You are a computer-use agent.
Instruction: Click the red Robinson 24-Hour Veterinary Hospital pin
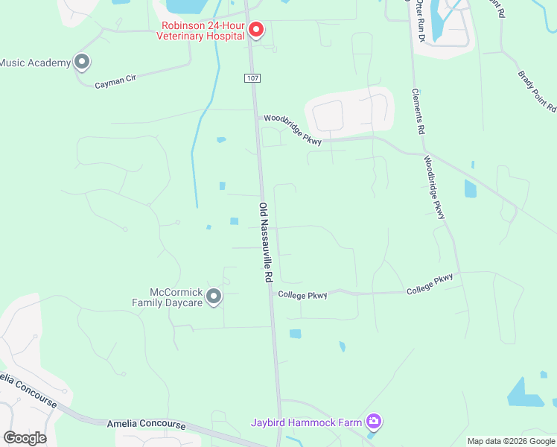click(256, 29)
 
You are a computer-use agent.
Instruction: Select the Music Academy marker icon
click(82, 63)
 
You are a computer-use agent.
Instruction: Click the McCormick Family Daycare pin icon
click(214, 297)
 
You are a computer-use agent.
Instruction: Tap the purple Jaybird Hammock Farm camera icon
click(374, 422)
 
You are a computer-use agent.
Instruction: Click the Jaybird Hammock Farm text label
click(307, 422)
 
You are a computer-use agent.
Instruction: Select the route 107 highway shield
click(252, 77)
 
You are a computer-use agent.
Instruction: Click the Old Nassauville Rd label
click(264, 242)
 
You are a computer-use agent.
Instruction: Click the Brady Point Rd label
click(537, 91)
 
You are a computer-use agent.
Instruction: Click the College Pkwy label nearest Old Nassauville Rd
click(303, 295)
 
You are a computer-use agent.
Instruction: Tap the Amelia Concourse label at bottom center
click(146, 424)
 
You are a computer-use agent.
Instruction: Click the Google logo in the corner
click(25, 437)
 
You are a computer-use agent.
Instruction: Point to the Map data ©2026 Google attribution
click(511, 441)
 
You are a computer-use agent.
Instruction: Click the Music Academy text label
click(34, 63)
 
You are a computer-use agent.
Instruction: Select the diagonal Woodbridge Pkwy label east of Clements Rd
click(434, 186)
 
